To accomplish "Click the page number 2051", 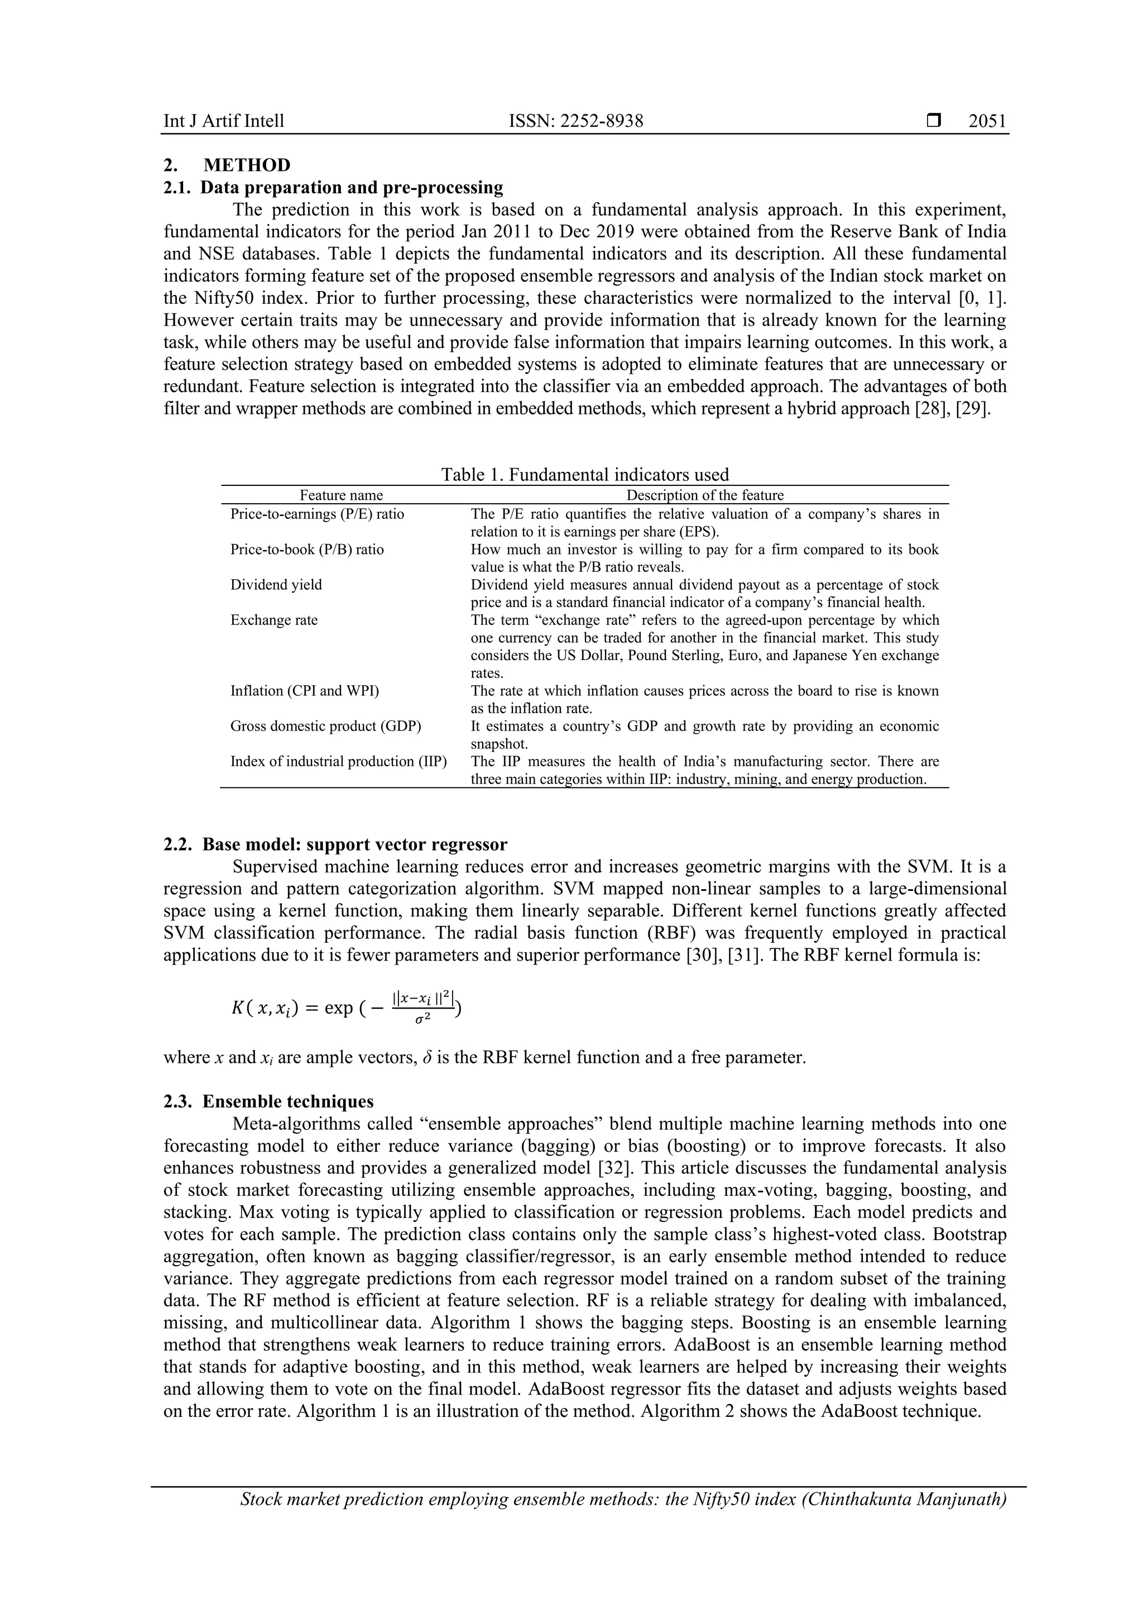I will point(987,121).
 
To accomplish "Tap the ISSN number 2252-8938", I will point(576,121).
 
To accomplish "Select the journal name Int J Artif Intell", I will point(224,121).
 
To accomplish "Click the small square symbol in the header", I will point(934,121).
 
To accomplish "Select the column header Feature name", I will point(342,495).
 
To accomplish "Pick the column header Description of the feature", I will point(705,495).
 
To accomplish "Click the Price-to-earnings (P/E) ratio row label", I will point(318,514).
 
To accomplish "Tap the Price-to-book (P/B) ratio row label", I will point(307,549).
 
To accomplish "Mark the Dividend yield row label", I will point(276,584).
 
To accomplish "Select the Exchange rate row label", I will point(274,620).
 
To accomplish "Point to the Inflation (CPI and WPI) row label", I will point(304,691).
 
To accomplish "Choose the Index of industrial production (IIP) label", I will point(339,761).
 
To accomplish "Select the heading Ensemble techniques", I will point(288,1101).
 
